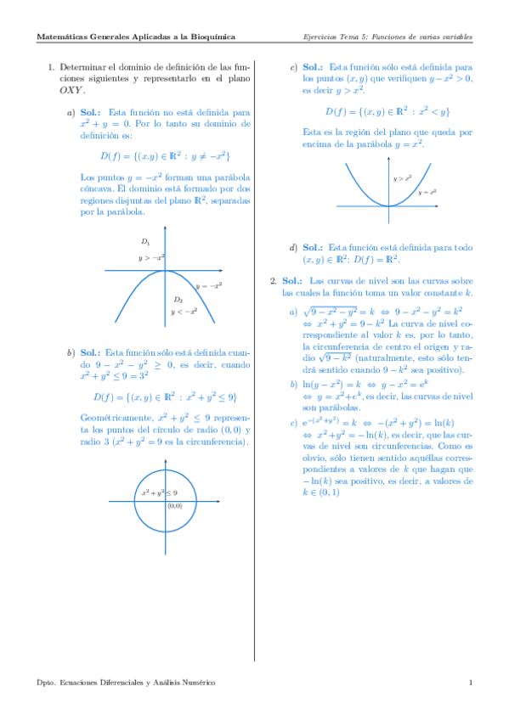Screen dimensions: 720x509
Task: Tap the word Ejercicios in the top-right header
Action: [x=321, y=37]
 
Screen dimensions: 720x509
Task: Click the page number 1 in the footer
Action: [x=470, y=682]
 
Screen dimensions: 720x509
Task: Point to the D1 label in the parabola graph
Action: [x=146, y=243]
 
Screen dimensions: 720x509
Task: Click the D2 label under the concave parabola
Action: [x=178, y=300]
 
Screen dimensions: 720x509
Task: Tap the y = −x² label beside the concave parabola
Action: [x=208, y=286]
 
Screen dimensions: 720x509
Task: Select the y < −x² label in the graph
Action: [x=184, y=312]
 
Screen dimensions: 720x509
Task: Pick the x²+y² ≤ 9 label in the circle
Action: [x=160, y=492]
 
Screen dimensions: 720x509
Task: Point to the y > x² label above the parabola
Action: [x=402, y=178]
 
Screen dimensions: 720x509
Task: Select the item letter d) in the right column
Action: [x=293, y=247]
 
